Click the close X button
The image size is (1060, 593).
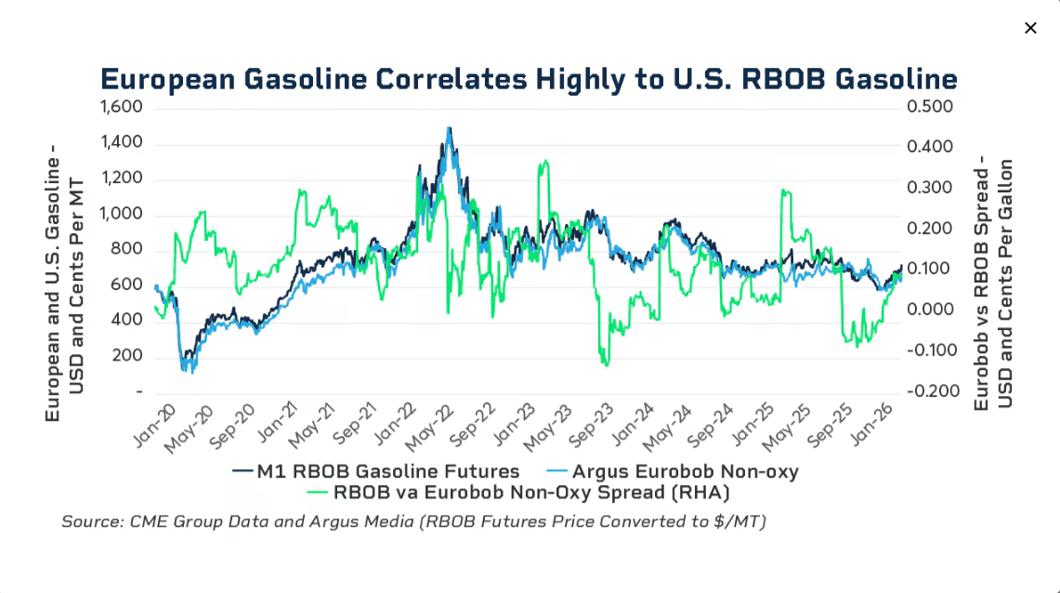[x=1030, y=28]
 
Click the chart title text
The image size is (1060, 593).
[x=529, y=79]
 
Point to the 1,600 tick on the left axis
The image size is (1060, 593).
[x=122, y=107]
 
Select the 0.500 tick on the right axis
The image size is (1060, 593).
[x=930, y=107]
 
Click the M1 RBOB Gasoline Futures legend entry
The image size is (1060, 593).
[x=376, y=471]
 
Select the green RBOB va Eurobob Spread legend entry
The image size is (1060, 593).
[x=519, y=493]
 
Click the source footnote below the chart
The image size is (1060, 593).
[x=413, y=521]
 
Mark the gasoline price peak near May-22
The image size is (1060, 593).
[x=449, y=129]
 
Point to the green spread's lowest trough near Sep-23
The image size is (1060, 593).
[x=606, y=363]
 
